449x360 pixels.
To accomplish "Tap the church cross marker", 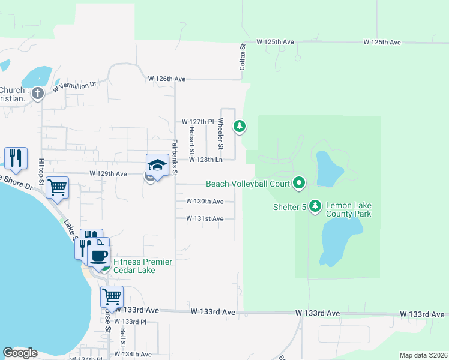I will point(37,93).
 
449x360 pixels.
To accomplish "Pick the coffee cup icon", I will point(98,256).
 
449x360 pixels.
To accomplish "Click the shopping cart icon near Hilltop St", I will point(58,187).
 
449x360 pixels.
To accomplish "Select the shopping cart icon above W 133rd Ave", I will point(112,296).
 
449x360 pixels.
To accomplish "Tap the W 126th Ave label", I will point(167,79).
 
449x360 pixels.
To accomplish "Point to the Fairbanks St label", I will point(175,157).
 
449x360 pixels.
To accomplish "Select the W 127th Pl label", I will point(198,121).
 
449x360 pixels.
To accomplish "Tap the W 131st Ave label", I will point(205,219).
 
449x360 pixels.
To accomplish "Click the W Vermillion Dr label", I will point(74,87).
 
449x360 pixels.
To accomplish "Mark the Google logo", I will point(20,353).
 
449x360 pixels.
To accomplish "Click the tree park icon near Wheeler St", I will point(240,125).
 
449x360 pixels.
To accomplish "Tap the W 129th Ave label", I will point(108,173).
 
